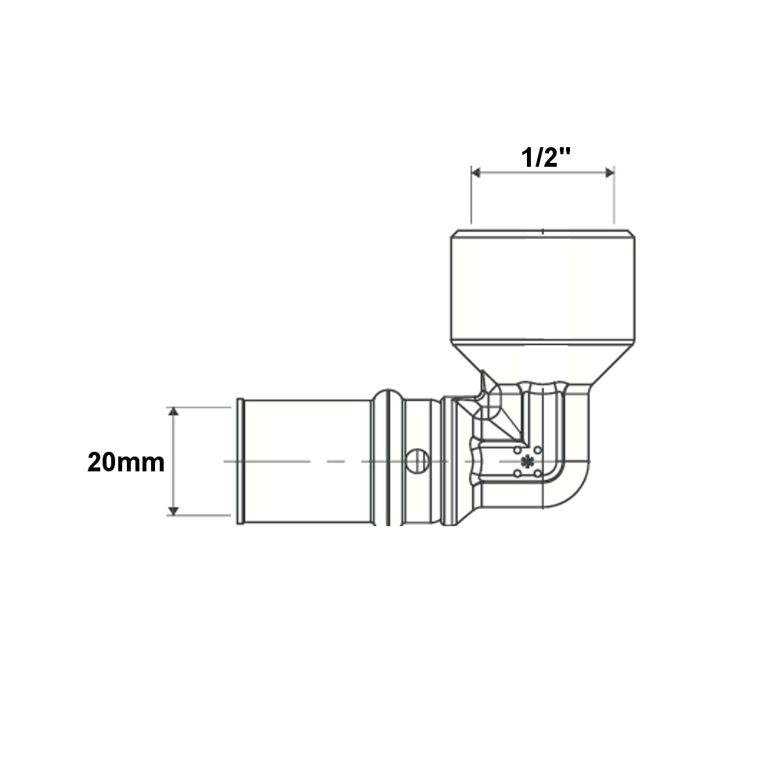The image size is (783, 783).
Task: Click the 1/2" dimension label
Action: pyautogui.click(x=545, y=158)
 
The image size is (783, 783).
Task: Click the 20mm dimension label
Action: pyautogui.click(x=126, y=463)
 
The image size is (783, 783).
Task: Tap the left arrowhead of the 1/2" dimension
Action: pyautogui.click(x=476, y=173)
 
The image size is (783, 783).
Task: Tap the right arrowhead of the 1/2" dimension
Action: pyautogui.click(x=609, y=173)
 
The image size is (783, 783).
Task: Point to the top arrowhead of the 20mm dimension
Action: pyautogui.click(x=173, y=412)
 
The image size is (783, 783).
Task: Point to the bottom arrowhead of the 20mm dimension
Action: pyautogui.click(x=173, y=511)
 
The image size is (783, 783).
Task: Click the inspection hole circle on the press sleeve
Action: pyautogui.click(x=417, y=461)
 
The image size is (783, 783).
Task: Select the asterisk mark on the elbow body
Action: pyautogui.click(x=527, y=461)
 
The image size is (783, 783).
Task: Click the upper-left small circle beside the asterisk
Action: pyautogui.click(x=518, y=450)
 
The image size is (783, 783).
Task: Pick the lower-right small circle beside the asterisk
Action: pyautogui.click(x=537, y=473)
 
